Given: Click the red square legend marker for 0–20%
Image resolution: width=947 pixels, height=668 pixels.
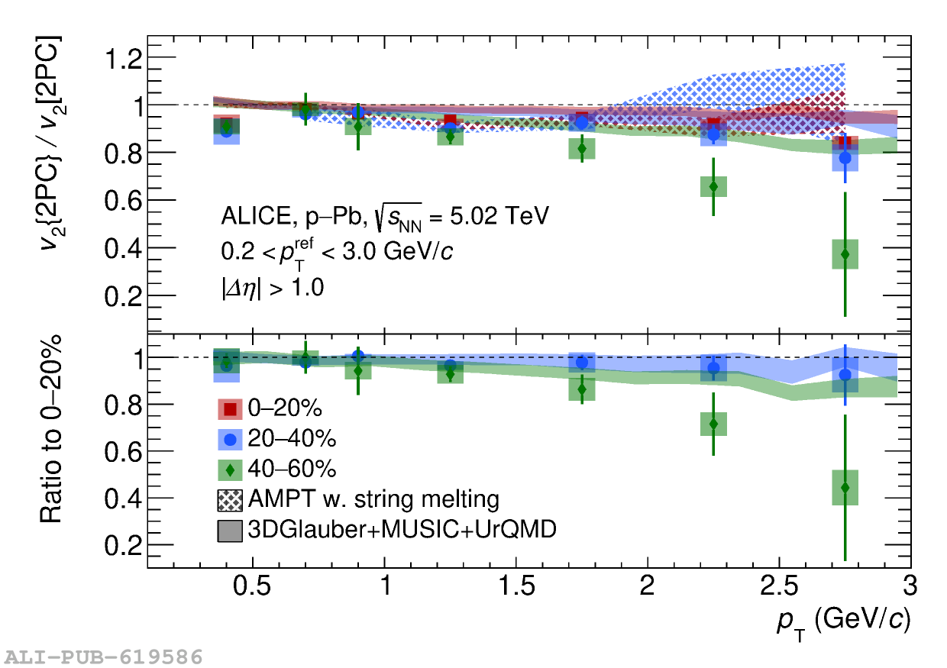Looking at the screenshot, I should tap(230, 409).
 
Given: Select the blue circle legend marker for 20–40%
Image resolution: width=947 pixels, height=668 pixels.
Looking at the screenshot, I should tap(230, 439).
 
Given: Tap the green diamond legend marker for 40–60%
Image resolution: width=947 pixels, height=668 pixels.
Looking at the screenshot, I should tap(230, 469).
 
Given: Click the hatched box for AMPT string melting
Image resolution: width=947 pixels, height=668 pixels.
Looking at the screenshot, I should tap(230, 499).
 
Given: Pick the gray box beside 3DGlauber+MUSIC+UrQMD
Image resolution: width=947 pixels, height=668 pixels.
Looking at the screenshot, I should tap(230, 530).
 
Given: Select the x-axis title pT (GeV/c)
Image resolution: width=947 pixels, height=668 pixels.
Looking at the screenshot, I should tap(844, 622).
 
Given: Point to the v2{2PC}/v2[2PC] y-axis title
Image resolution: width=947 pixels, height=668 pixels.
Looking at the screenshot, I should tap(52, 145).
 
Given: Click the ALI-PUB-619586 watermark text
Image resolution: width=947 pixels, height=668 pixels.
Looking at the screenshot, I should tap(104, 657).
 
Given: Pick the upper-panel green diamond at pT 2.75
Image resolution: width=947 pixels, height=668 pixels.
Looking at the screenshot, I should tap(845, 254).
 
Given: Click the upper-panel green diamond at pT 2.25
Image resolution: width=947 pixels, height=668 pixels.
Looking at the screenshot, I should tap(713, 186).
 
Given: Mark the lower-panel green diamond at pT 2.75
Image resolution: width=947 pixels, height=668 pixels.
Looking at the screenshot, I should tap(845, 487).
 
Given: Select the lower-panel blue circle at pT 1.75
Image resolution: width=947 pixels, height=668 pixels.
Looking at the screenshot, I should tap(582, 363).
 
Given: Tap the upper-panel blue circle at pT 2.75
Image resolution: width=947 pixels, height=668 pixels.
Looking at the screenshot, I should tap(845, 158).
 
